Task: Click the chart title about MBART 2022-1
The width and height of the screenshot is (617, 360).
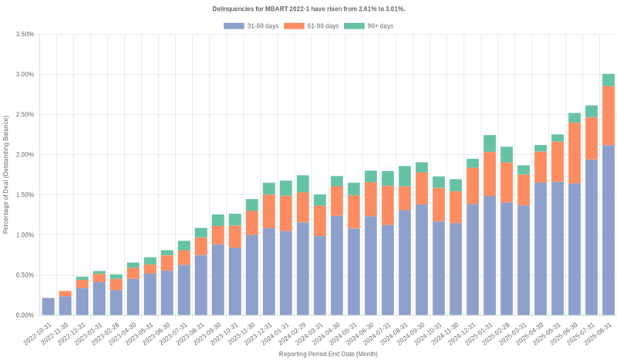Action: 308,8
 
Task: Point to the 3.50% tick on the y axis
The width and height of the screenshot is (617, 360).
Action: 24,35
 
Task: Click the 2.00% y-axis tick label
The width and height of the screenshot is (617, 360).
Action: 24,155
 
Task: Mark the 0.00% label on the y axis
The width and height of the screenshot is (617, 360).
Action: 24,315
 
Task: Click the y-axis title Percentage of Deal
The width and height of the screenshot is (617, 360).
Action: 6,174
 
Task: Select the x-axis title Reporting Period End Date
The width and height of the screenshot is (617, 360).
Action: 328,354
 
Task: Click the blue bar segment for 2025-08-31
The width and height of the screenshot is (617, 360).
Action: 609,230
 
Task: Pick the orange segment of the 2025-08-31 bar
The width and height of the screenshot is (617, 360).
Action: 609,116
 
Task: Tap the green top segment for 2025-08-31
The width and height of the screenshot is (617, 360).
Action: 609,80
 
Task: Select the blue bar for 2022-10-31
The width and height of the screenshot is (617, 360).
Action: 49,306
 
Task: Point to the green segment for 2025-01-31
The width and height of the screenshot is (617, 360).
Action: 490,143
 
